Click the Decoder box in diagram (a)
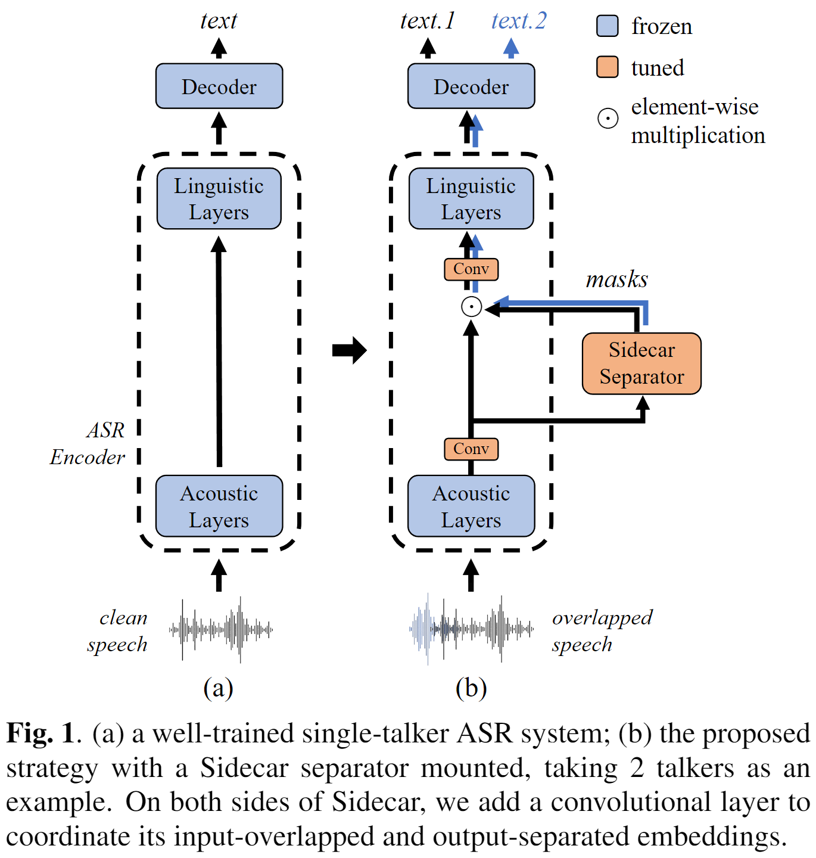pos(219,86)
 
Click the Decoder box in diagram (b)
pos(471,86)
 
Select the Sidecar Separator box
pos(641,363)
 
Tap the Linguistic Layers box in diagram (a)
pos(219,198)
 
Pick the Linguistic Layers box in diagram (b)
pos(471,198)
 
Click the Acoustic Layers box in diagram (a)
pos(219,506)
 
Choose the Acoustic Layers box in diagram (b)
pos(471,506)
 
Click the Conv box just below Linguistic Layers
pos(471,269)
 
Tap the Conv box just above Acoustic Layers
pos(471,449)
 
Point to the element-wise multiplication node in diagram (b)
pos(471,307)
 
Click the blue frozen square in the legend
pos(607,26)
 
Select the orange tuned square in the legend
pos(607,67)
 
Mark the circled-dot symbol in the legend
pos(608,119)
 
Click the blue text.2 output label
pos(518,21)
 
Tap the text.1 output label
pos(427,21)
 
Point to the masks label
pos(616,279)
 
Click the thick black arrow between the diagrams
pos(349,350)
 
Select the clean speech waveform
pos(221,629)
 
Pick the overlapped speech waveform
pos(471,629)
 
